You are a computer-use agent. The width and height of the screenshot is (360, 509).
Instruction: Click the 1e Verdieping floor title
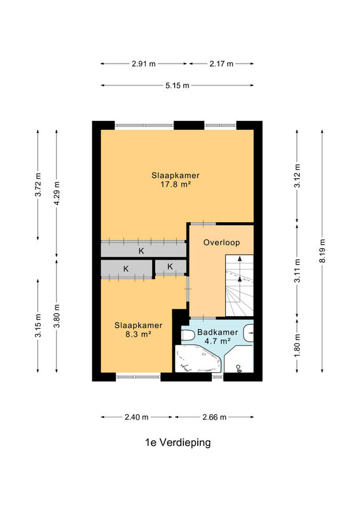pyautogui.click(x=178, y=442)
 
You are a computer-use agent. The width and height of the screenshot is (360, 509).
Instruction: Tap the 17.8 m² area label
pyautogui.click(x=176, y=185)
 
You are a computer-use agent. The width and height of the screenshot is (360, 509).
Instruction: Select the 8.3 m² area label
pyautogui.click(x=138, y=334)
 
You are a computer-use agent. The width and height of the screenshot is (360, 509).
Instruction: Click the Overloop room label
pyautogui.click(x=221, y=242)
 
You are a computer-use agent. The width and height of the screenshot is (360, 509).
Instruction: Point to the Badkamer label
pyautogui.click(x=218, y=332)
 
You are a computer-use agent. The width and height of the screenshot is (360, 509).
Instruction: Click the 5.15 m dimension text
pyautogui.click(x=177, y=86)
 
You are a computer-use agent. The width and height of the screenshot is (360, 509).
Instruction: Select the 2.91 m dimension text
pyautogui.click(x=144, y=64)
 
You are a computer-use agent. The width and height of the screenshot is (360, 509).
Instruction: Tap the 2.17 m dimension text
pyautogui.click(x=221, y=64)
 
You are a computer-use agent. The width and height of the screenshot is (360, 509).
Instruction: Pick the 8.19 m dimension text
pyautogui.click(x=322, y=251)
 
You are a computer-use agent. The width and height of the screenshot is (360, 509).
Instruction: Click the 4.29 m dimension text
pyautogui.click(x=57, y=193)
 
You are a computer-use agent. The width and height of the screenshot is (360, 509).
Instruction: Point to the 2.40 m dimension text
pyautogui.click(x=136, y=417)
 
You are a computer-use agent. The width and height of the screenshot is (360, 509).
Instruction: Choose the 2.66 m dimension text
pyautogui.click(x=214, y=417)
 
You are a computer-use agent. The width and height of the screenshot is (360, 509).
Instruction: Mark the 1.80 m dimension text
pyautogui.click(x=297, y=345)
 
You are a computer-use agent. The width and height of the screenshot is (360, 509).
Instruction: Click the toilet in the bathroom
pyautogui.click(x=187, y=335)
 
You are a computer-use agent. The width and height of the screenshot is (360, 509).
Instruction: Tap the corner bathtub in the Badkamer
pyautogui.click(x=198, y=359)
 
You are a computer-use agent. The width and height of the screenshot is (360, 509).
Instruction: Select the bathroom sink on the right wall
pyautogui.click(x=249, y=333)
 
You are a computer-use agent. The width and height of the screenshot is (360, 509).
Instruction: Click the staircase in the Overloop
pyautogui.click(x=240, y=285)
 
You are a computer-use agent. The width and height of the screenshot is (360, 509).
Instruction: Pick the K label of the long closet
pyautogui.click(x=141, y=251)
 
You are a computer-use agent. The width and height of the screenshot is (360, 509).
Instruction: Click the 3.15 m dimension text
pyautogui.click(x=38, y=326)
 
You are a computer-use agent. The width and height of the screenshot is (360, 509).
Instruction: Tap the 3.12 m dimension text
pyautogui.click(x=297, y=176)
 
